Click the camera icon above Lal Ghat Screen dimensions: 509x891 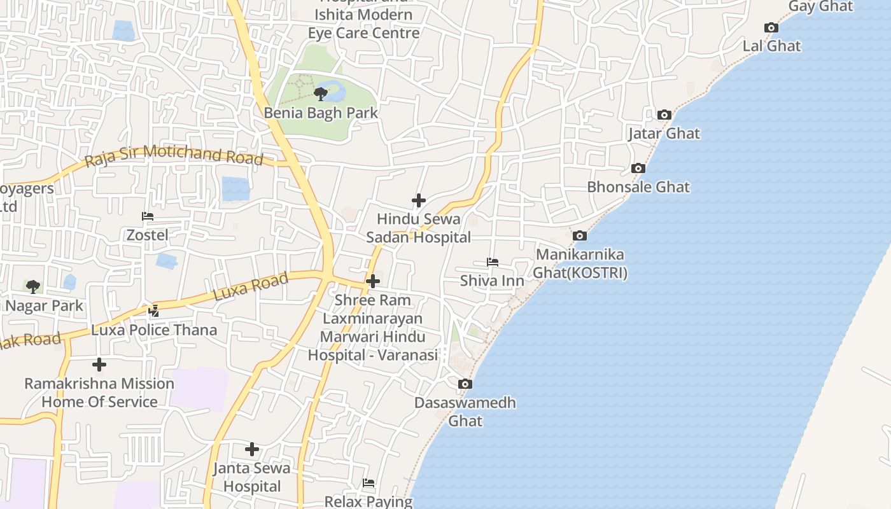coord(771,28)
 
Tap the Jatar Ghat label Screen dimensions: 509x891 coord(664,134)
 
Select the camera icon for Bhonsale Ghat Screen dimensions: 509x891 coord(638,169)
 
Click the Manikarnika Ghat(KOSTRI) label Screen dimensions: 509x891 coord(580,263)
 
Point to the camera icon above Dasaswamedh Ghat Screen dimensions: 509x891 coord(465,384)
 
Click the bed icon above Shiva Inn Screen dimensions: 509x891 coord(492,262)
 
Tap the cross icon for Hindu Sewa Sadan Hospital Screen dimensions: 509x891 coord(418,201)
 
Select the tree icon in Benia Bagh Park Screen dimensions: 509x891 coord(321,95)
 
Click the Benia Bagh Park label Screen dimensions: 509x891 coord(321,113)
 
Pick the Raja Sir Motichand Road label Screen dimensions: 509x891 coord(174,155)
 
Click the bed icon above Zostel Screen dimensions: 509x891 coord(148,217)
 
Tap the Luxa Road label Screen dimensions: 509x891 coord(251,286)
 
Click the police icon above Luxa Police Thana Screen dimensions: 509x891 coord(154,311)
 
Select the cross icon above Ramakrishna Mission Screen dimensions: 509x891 coord(99,365)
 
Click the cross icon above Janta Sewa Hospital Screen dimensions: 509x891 coord(252,450)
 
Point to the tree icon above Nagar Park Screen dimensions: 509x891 coord(32,287)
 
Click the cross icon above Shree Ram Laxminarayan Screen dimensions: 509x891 coord(373,281)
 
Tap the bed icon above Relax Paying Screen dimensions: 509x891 coord(368,484)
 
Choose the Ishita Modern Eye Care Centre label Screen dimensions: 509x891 coord(363,24)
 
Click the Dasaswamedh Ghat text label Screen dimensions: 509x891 coord(465,412)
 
